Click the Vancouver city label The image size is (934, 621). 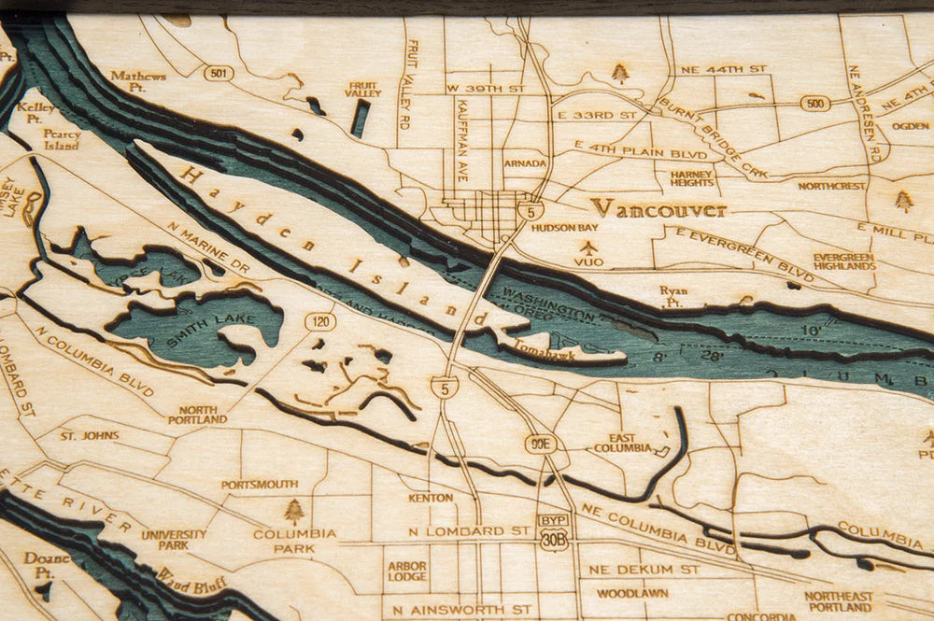pyautogui.click(x=658, y=208)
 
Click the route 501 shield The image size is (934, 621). pyautogui.click(x=218, y=72)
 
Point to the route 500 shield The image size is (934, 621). pyautogui.click(x=814, y=103)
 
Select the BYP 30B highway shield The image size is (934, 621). pyautogui.click(x=553, y=532)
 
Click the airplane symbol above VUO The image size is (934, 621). pyautogui.click(x=588, y=247)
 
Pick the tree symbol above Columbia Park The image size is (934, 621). pyautogui.click(x=294, y=511)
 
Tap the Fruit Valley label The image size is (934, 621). pyautogui.click(x=362, y=88)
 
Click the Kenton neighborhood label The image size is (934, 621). pyautogui.click(x=431, y=498)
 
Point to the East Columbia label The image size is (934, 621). pyautogui.click(x=622, y=443)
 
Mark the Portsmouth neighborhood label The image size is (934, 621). pyautogui.click(x=260, y=485)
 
